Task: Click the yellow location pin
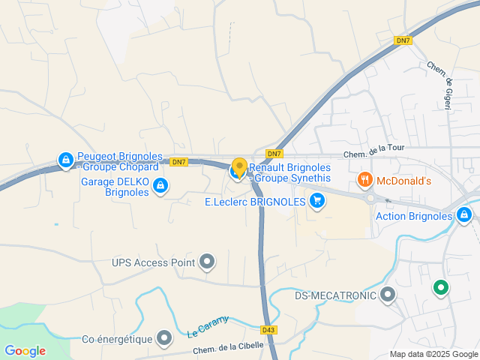(239, 167)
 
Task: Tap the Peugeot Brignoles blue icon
(66, 160)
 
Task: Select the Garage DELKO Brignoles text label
(115, 186)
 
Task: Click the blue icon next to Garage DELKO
(160, 186)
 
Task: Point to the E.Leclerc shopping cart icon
(317, 200)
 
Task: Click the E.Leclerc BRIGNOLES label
(255, 201)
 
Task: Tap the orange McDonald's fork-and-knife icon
(364, 179)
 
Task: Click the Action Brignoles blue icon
(464, 216)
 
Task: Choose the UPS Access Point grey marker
(207, 262)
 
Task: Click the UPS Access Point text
(153, 262)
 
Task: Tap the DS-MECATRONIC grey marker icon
(388, 294)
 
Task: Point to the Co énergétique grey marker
(164, 339)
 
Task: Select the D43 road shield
(269, 329)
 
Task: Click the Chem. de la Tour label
(373, 148)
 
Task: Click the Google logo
(25, 350)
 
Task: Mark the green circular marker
(440, 286)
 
